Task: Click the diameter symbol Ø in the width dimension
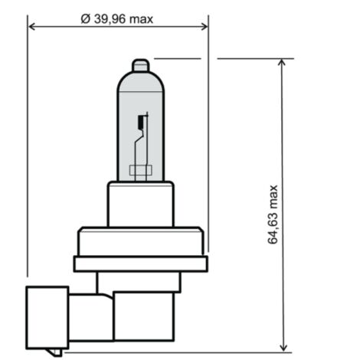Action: point(86,19)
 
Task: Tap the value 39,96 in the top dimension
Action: point(110,19)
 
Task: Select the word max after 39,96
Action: point(141,20)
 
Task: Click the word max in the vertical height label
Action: point(273,197)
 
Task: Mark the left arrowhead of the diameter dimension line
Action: point(31,26)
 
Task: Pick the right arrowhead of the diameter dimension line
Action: point(205,26)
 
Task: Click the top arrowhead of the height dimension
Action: point(282,63)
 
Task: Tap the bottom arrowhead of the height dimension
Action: point(283,349)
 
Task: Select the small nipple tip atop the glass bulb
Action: point(140,65)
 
